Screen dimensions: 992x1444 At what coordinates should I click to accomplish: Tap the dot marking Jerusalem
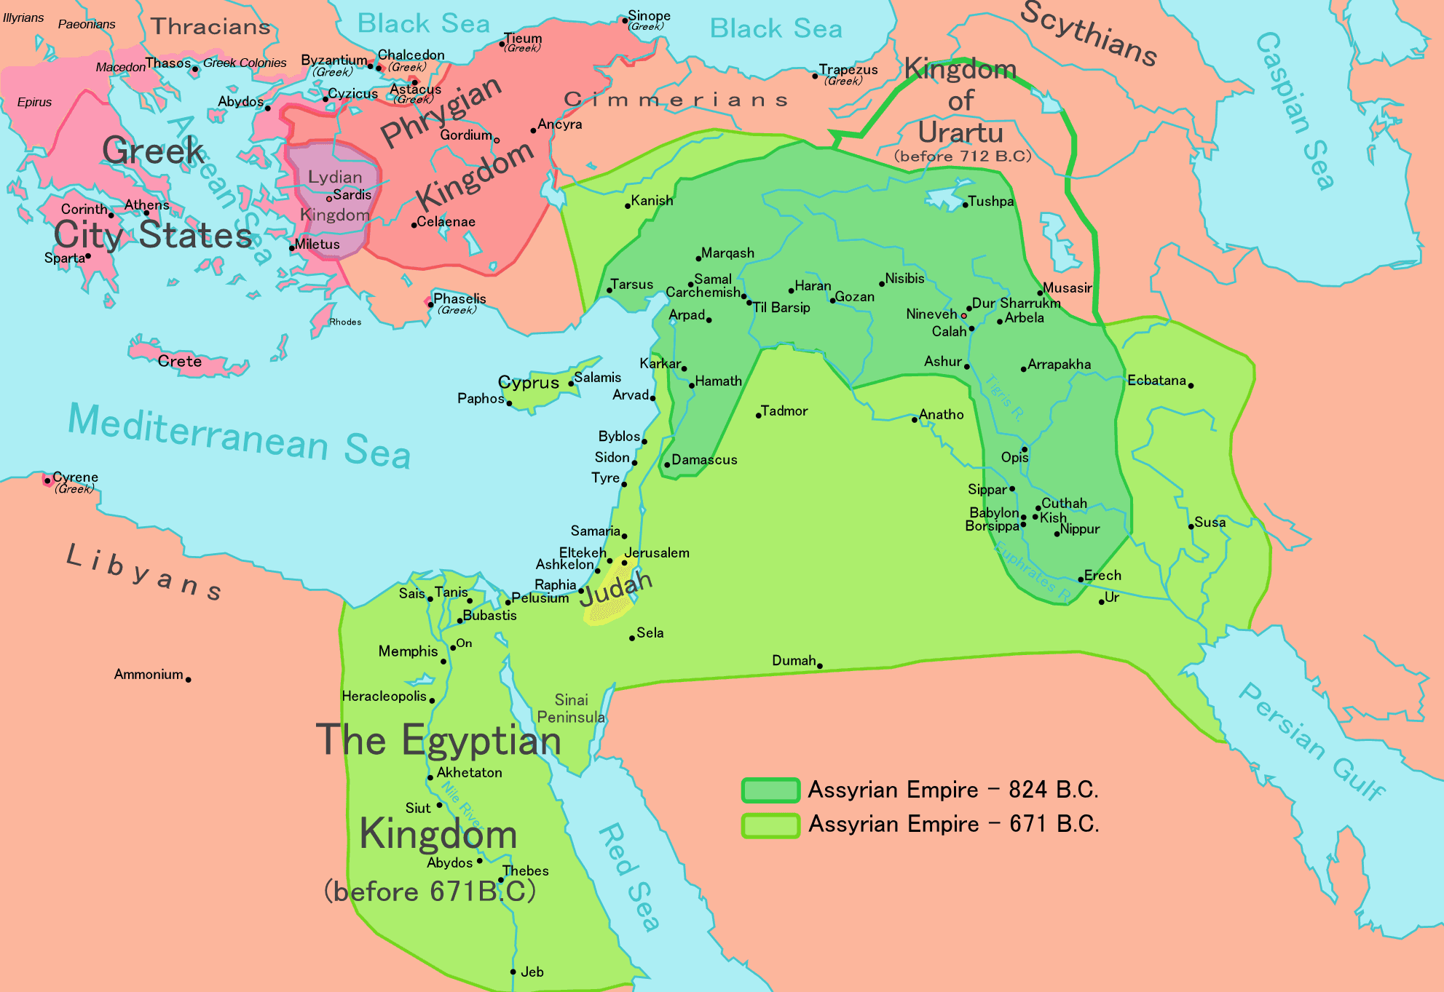point(624,563)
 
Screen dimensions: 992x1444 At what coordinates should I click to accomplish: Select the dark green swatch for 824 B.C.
point(770,790)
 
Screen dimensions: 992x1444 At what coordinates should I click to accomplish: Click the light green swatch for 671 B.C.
point(770,825)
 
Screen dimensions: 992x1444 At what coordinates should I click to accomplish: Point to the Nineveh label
point(931,314)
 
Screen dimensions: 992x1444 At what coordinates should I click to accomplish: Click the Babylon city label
point(993,512)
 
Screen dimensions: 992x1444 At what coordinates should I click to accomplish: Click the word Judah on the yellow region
point(615,589)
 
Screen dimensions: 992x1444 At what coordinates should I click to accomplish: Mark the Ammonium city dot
point(188,679)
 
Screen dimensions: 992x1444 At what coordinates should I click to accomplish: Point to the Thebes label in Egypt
point(525,870)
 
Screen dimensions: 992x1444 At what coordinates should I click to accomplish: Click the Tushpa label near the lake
point(990,201)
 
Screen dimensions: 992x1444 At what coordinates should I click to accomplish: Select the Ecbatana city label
point(1156,380)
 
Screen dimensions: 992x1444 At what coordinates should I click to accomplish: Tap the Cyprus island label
point(528,382)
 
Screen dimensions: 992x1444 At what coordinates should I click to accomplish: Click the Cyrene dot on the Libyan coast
point(47,480)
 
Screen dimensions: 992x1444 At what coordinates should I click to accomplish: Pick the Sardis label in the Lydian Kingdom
point(352,194)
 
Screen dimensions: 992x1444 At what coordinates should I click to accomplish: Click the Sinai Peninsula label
point(571,708)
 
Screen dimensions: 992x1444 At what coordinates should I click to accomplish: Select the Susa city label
point(1210,522)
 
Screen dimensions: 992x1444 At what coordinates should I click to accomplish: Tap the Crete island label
point(179,361)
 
